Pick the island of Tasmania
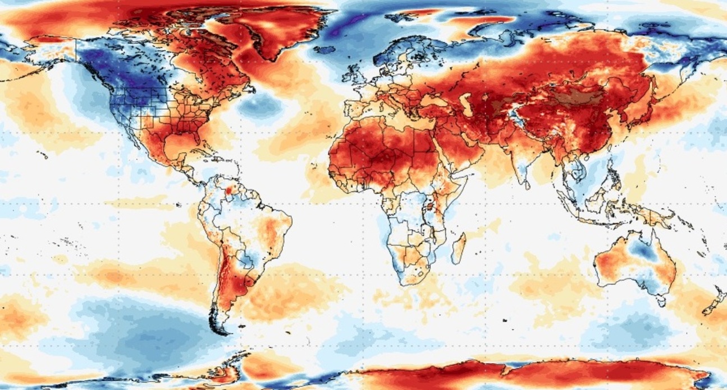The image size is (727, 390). tap(662, 301)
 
